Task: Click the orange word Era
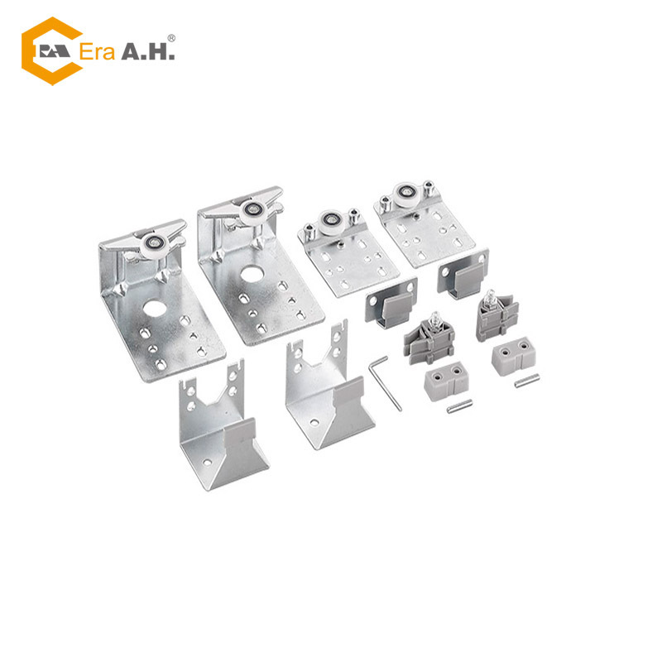[97, 52]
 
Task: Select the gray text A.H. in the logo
[148, 51]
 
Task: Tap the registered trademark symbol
[171, 38]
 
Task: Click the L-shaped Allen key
[385, 383]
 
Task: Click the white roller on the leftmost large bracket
[155, 245]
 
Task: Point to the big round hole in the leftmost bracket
[154, 308]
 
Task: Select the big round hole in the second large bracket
[252, 274]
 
